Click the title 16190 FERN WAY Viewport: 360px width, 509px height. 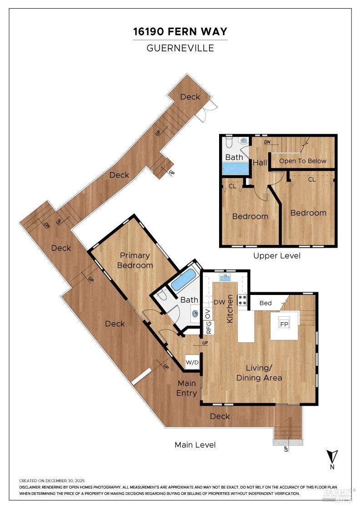[x=180, y=32]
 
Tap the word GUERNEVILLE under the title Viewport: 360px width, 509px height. [x=180, y=48]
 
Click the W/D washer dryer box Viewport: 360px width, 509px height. [x=191, y=363]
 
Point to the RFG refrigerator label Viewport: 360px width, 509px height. [x=209, y=328]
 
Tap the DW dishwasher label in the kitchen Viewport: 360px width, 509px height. [x=219, y=302]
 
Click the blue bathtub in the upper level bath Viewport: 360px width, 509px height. [x=235, y=169]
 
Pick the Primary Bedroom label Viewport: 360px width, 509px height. [x=135, y=260]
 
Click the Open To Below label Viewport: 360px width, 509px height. [x=302, y=161]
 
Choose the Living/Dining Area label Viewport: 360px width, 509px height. [x=259, y=373]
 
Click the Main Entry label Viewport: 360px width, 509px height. [x=186, y=388]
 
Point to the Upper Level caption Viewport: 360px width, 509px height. [x=277, y=256]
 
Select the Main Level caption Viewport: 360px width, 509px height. [x=195, y=445]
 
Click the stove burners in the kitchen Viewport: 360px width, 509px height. [x=242, y=300]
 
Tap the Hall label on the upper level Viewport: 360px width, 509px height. [x=260, y=162]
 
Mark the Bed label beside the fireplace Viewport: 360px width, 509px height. [x=265, y=303]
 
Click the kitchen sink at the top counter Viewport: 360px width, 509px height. [x=225, y=277]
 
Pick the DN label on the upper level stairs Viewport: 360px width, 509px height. [x=267, y=142]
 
